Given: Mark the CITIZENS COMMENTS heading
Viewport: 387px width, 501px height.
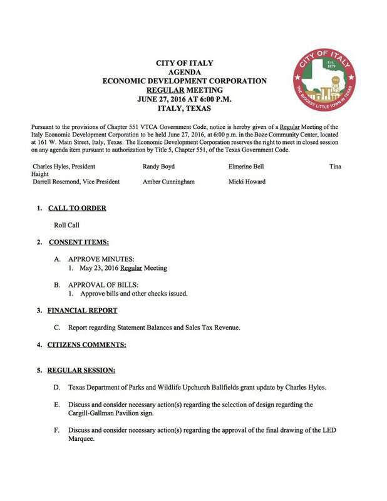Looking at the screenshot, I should [87, 344].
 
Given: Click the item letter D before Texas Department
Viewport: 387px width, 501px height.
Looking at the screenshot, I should [57, 388].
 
